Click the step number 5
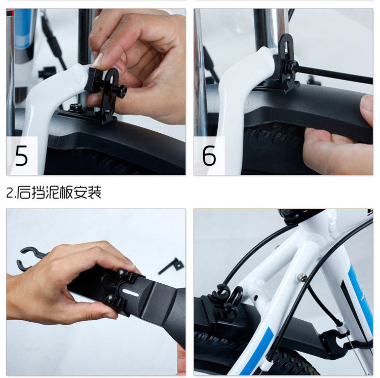click(21, 156)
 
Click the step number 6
click(209, 156)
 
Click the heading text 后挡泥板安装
click(59, 193)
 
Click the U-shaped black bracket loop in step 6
click(286, 46)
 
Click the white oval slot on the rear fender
click(130, 292)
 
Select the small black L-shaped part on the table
click(172, 265)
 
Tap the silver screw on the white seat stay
click(303, 277)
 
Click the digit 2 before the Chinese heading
click(10, 193)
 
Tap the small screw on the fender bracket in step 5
click(75, 107)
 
